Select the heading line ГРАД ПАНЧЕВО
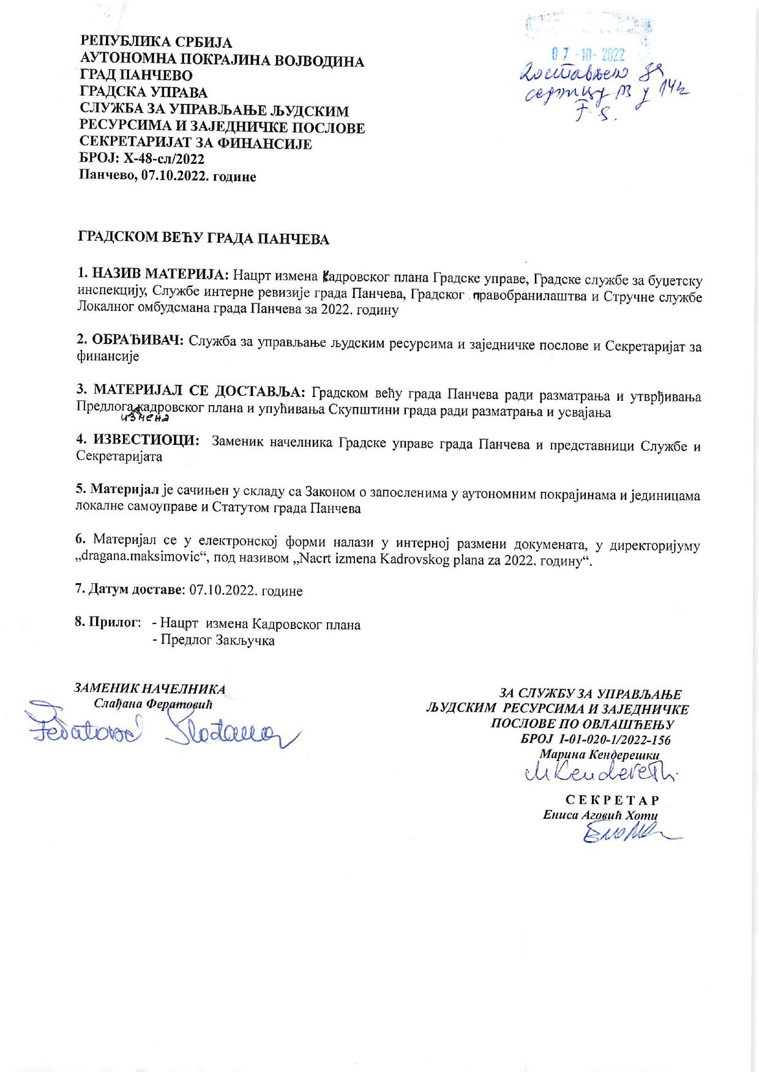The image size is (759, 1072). [136, 76]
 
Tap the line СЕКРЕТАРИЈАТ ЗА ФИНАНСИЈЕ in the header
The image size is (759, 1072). [196, 144]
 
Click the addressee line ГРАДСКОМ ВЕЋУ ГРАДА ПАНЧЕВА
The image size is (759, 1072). [203, 239]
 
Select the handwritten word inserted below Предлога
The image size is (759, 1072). [145, 419]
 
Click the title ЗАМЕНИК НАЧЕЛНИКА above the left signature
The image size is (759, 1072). [150, 689]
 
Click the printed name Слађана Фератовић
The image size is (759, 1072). [152, 704]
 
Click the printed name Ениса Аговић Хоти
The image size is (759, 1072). [600, 816]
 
